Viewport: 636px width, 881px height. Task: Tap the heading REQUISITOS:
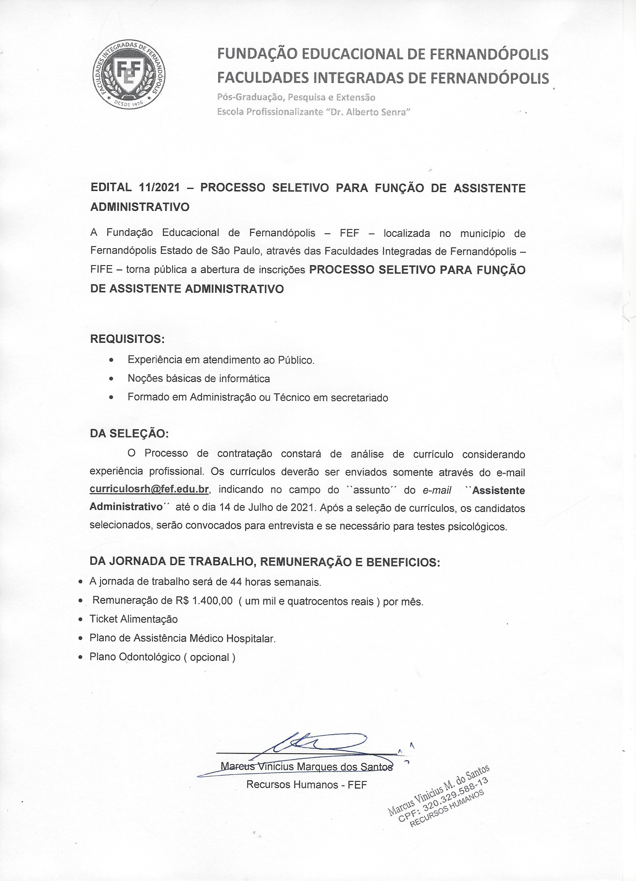(127, 339)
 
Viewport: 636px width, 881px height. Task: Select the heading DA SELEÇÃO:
(129, 433)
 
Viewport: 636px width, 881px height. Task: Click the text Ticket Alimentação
(133, 619)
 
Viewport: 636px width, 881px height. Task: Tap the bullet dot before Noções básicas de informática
(112, 378)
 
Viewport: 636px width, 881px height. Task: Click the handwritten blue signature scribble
(310, 744)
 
